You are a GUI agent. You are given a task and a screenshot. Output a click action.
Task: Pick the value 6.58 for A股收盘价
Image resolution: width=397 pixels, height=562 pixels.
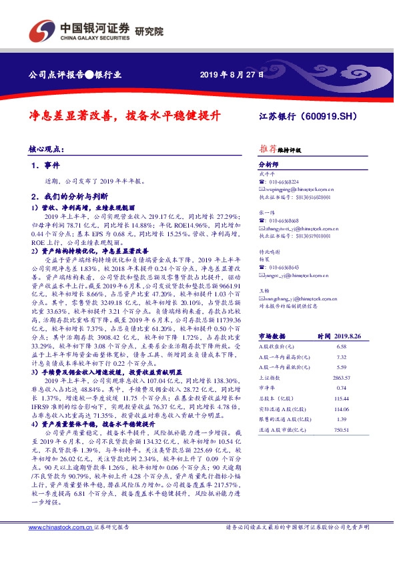(x=342, y=348)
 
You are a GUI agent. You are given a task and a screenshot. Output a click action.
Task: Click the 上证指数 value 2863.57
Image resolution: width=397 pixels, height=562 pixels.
(x=342, y=378)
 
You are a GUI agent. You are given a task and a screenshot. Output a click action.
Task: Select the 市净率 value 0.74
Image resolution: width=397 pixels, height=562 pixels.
(x=342, y=388)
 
